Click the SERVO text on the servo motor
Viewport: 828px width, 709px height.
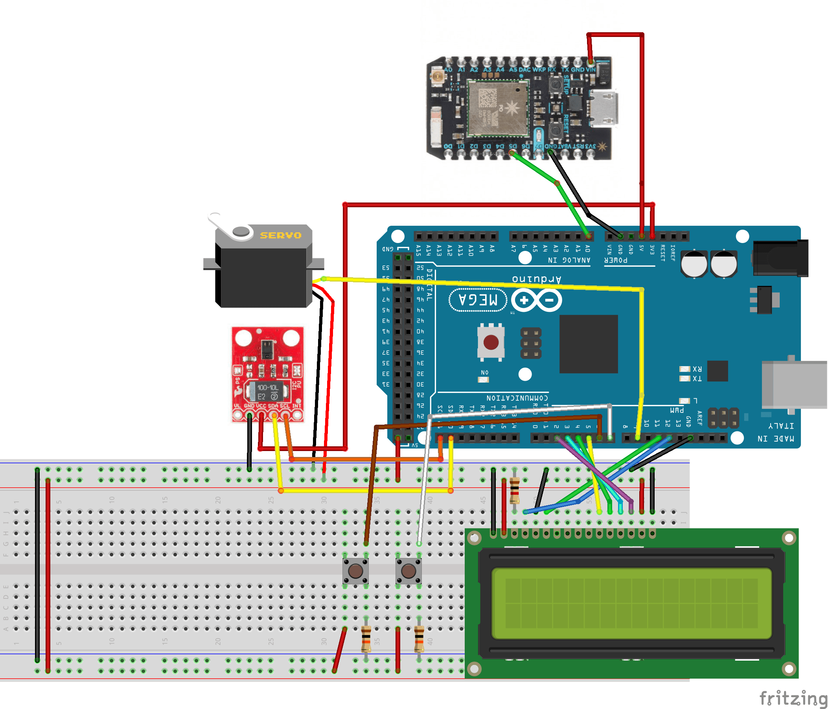click(x=281, y=236)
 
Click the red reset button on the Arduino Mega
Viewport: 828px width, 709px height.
click(x=491, y=342)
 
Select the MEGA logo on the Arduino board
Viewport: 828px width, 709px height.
click(x=478, y=300)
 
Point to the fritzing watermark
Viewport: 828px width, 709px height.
click(x=793, y=698)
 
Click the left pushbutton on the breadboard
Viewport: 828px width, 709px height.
click(x=355, y=571)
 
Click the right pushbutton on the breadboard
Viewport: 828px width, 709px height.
click(x=408, y=571)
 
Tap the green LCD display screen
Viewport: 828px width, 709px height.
click(x=631, y=604)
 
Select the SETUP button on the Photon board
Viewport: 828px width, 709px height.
click(x=555, y=84)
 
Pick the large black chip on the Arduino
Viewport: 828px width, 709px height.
click(x=588, y=344)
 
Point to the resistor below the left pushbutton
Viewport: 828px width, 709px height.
click(x=366, y=639)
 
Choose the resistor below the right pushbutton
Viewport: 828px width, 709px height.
click(x=419, y=639)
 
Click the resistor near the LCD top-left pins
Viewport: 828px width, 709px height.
click(x=514, y=490)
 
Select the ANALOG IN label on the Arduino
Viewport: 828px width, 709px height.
click(x=569, y=260)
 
